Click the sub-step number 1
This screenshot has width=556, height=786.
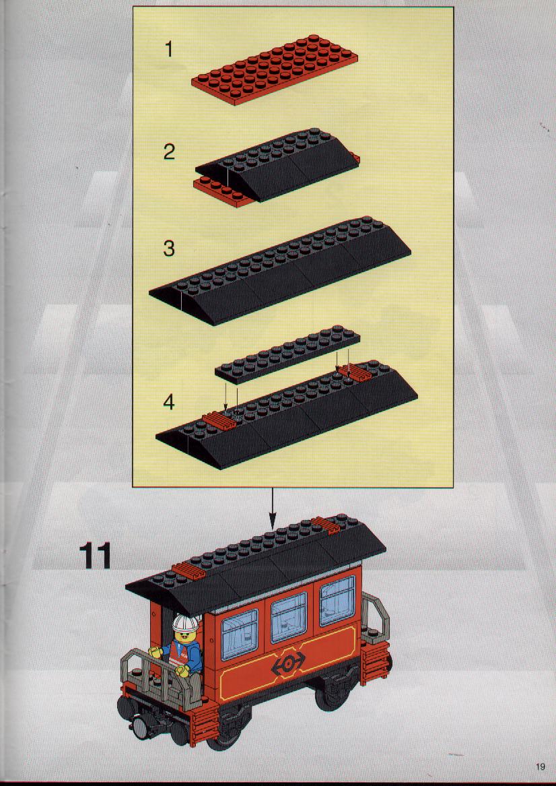pos(169,49)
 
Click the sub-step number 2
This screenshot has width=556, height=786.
pos(170,152)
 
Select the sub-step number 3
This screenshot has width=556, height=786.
pos(170,249)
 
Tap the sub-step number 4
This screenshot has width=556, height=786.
pos(170,401)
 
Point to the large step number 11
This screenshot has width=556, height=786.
pos(95,556)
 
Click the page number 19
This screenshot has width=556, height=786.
pos(540,766)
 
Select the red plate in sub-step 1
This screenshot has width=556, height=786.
pos(275,69)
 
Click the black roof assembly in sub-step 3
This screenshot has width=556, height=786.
pos(280,271)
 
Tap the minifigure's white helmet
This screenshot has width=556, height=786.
pos(185,623)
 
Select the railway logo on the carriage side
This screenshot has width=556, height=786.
pos(288,663)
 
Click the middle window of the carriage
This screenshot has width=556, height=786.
pos(289,617)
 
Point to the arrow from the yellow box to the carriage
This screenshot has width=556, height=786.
pos(273,509)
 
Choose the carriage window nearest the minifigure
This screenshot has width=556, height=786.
pos(240,634)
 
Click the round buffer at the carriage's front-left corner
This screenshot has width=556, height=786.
pos(140,728)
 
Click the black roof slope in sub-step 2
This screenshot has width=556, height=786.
pos(277,164)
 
